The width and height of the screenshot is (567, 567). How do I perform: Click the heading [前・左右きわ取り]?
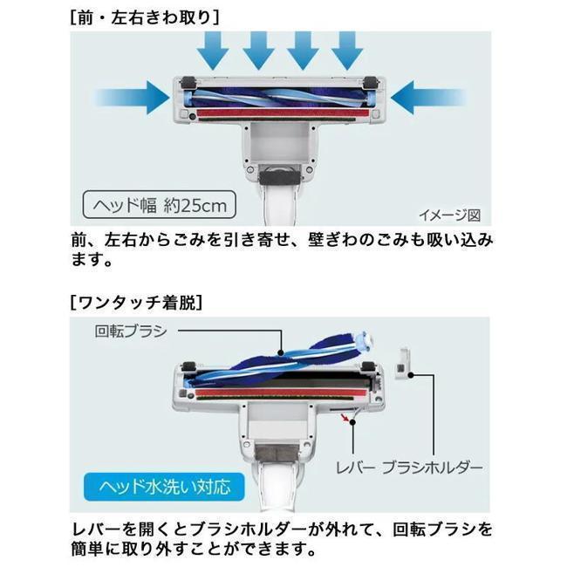[x=145, y=17]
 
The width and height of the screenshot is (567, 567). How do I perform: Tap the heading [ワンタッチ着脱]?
[x=136, y=303]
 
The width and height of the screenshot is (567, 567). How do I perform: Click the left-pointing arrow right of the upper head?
[x=429, y=98]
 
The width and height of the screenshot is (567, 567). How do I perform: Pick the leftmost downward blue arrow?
[x=214, y=51]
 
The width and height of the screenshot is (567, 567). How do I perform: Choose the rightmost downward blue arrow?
[x=347, y=51]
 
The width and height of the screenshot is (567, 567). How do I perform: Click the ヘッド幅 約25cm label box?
[x=159, y=205]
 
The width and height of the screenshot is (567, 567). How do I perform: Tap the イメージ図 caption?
[x=450, y=215]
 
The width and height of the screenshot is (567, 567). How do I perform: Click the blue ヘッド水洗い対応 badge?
[x=164, y=487]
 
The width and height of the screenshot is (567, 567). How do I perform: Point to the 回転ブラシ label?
[x=131, y=331]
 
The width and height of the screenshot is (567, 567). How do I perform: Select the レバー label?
[x=356, y=468]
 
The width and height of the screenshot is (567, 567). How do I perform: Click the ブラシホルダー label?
[x=433, y=468]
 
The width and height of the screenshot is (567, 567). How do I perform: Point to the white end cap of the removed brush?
[x=365, y=342]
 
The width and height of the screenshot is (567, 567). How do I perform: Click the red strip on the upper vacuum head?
[x=279, y=113]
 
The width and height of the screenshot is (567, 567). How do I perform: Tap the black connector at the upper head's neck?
[x=279, y=178]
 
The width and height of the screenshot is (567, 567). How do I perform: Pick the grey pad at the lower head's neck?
[x=277, y=453]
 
